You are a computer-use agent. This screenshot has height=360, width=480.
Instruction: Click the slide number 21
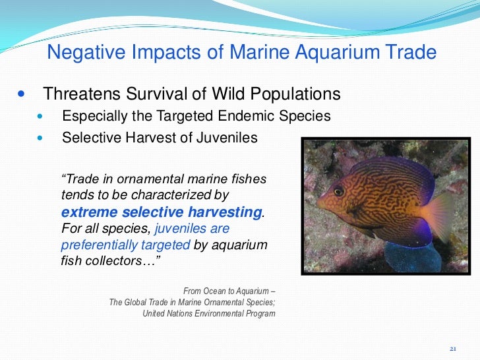click(x=452, y=348)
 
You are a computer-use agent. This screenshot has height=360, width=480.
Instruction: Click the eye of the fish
click(x=338, y=191)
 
